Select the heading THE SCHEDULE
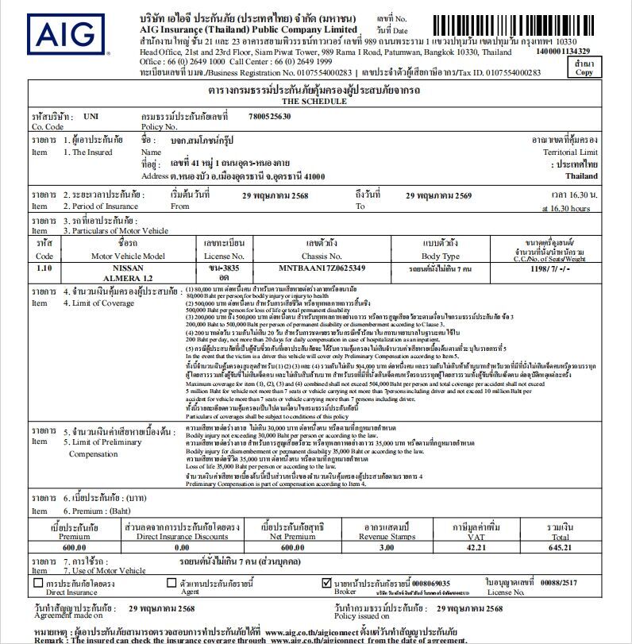coord(314,102)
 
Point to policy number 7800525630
coord(269,116)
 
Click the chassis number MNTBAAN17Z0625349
coord(322,268)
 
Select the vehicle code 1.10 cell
coord(44,268)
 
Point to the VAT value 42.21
coord(474,547)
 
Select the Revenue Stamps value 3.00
coord(387,547)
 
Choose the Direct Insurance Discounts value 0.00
coord(181,547)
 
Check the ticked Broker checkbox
coord(326,583)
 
